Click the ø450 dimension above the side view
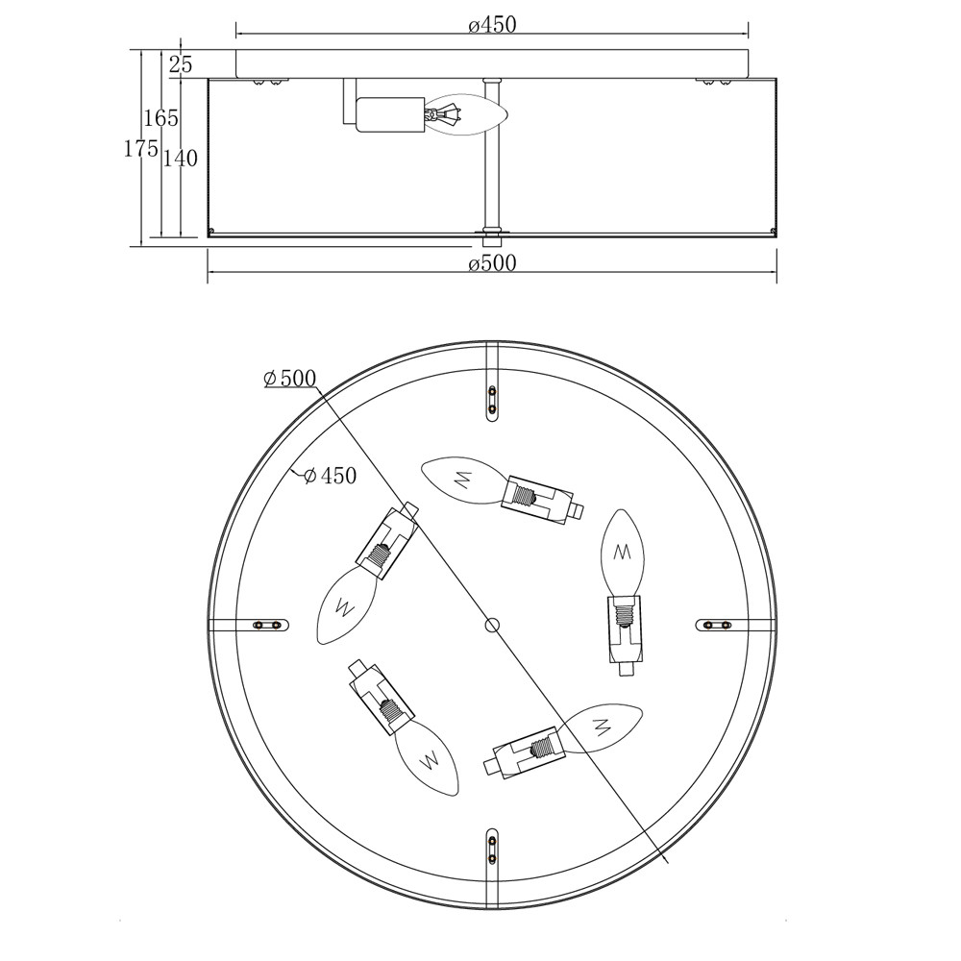click(492, 25)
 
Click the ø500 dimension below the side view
click(492, 263)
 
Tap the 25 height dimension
click(181, 63)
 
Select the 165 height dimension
click(161, 117)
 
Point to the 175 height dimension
click(141, 148)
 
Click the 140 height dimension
click(181, 159)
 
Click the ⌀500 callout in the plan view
click(289, 379)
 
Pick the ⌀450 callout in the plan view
click(330, 475)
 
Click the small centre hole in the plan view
click(492, 625)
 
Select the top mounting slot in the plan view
click(492, 401)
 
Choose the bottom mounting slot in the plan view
click(492, 849)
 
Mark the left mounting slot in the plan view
click(268, 625)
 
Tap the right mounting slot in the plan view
click(717, 625)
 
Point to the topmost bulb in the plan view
click(463, 480)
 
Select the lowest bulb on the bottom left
click(428, 757)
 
